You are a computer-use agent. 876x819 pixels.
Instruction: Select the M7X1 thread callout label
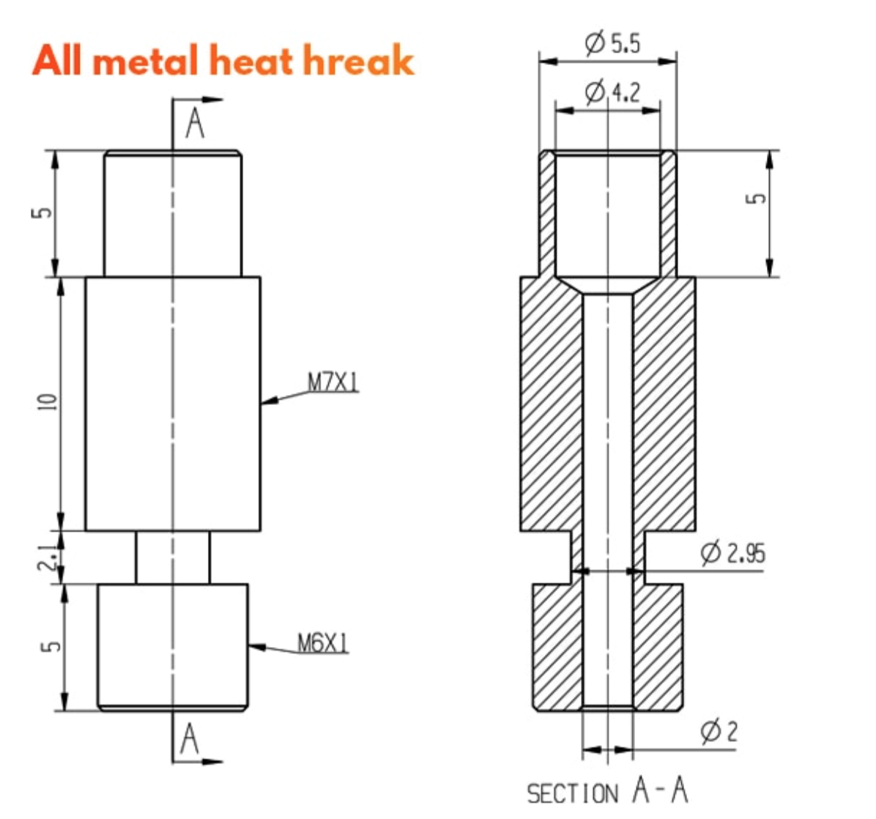click(x=333, y=382)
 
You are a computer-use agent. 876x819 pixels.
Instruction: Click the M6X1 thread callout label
click(x=323, y=644)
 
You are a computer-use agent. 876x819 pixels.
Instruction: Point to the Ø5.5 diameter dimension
click(x=612, y=43)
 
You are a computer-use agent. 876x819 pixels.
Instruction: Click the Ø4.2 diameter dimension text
click(x=612, y=92)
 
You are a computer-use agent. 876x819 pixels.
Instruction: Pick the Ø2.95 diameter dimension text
click(x=732, y=552)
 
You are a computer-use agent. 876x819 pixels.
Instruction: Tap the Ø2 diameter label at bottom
click(x=719, y=731)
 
